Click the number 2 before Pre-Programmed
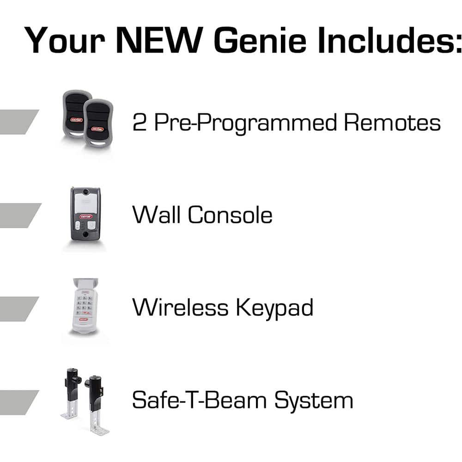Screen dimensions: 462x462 tap(139, 123)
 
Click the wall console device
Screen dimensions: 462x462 tap(85, 213)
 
